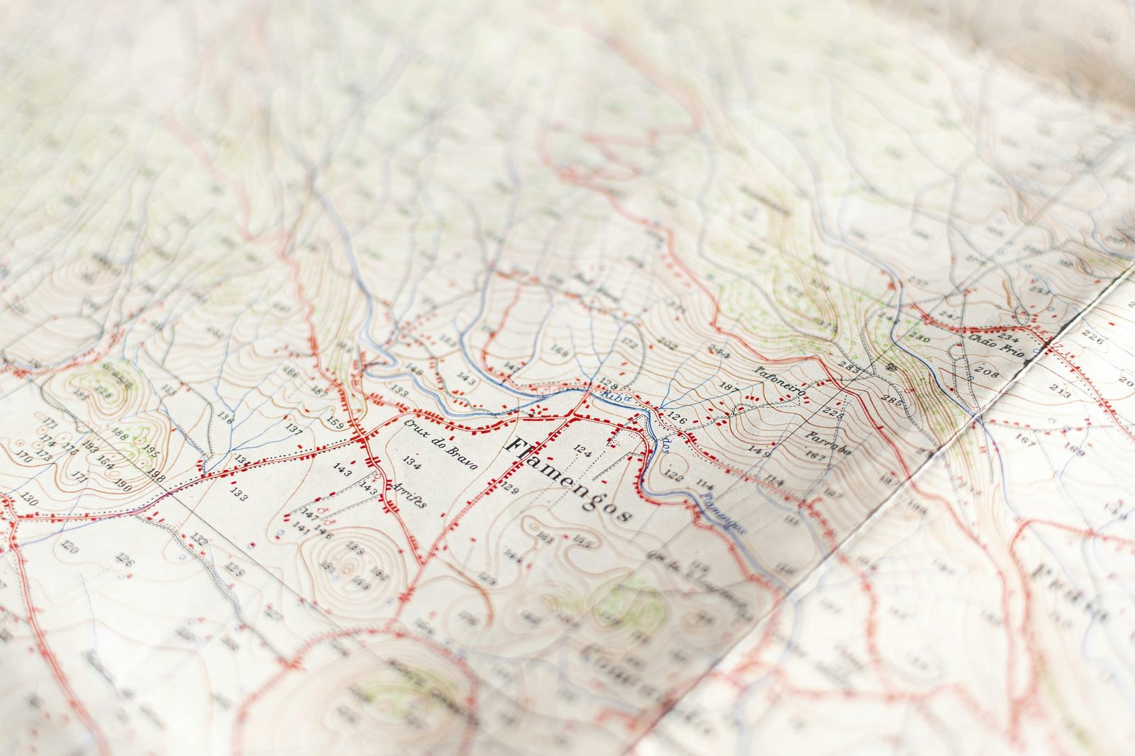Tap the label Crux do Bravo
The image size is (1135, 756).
point(441,443)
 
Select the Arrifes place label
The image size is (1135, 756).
point(409,494)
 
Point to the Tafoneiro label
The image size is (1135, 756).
point(780,382)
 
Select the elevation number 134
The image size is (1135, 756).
point(411,461)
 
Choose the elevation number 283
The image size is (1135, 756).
point(848,369)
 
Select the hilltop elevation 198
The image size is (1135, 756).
point(155,477)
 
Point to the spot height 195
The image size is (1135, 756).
point(151,450)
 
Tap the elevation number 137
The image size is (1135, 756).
point(294,428)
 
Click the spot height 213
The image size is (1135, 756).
point(1060,391)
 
